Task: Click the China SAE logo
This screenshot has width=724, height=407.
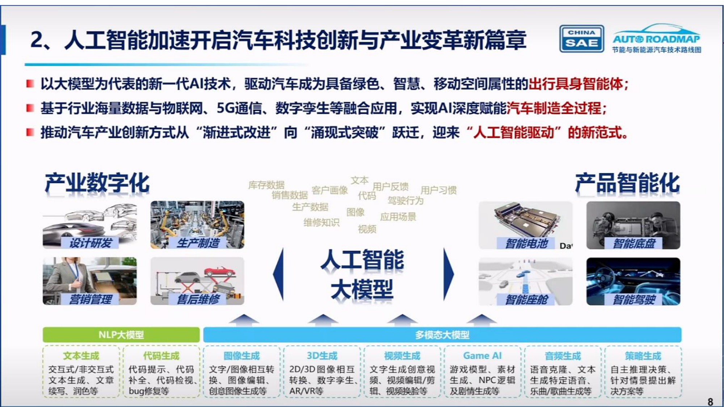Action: click(581, 38)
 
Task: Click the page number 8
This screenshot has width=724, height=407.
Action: click(710, 402)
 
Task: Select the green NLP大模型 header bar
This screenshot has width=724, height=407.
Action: click(121, 335)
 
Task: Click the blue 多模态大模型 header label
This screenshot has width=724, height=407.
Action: click(442, 335)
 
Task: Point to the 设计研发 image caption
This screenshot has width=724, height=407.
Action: click(90, 243)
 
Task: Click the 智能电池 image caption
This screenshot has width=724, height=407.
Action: click(526, 243)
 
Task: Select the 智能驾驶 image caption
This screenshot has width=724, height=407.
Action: click(634, 300)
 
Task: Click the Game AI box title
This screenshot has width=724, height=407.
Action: click(482, 356)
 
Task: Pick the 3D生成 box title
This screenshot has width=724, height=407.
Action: click(322, 356)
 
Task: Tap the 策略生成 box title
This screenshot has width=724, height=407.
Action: click(643, 356)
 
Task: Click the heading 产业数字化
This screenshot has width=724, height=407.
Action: click(97, 183)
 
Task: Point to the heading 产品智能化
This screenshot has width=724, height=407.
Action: click(627, 183)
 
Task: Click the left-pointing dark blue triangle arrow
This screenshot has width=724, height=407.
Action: click(279, 274)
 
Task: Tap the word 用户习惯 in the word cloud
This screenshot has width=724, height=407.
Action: click(438, 190)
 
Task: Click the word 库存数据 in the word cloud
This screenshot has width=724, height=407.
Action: click(266, 185)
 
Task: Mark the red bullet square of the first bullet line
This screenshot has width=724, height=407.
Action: click(30, 84)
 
